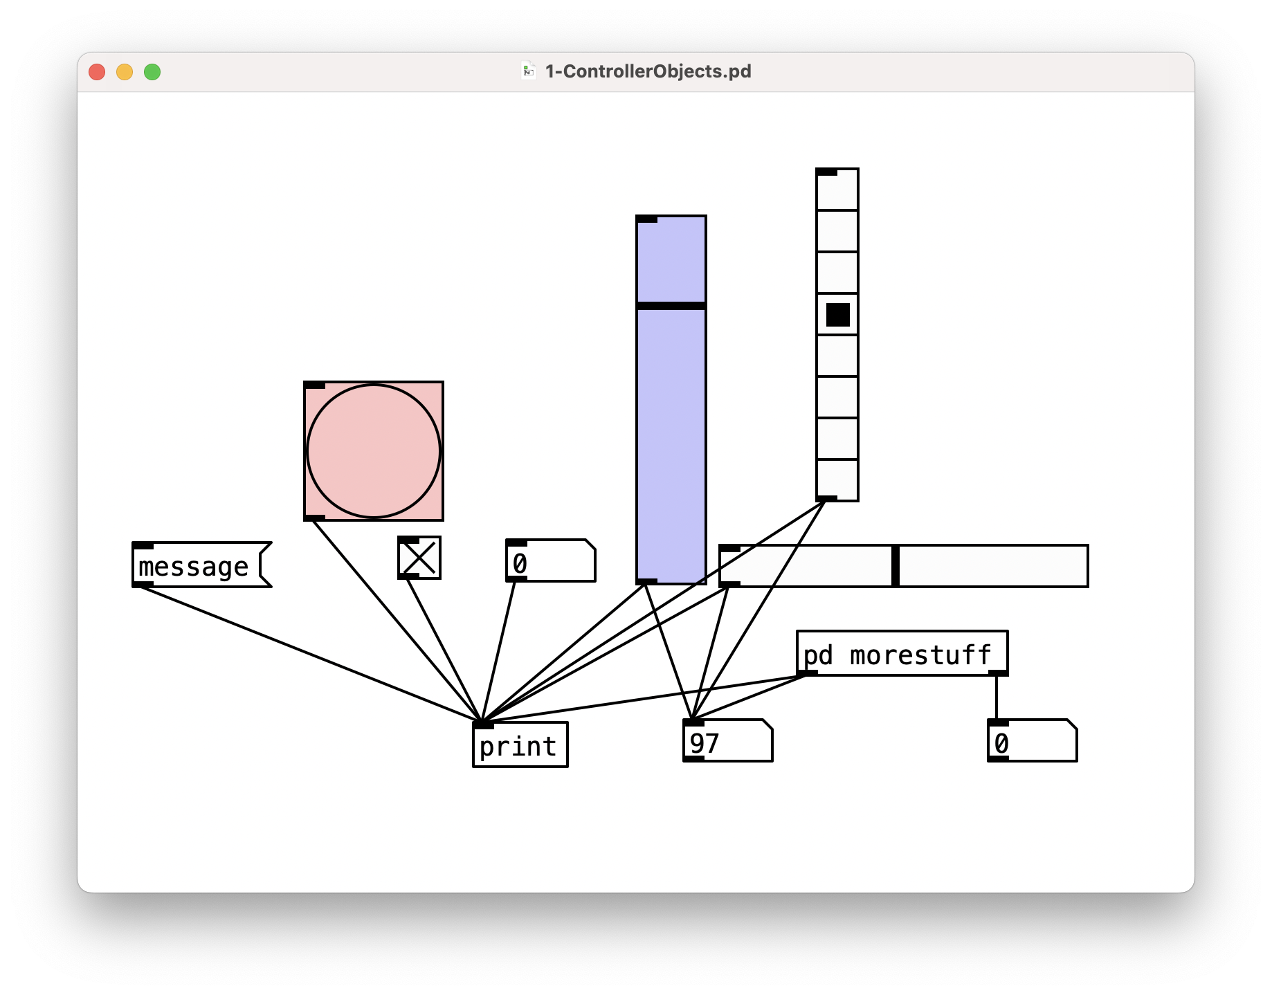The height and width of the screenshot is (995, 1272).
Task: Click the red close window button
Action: coord(97,72)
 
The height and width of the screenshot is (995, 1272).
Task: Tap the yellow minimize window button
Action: coord(125,72)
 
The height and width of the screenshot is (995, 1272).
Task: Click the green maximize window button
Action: coord(152,72)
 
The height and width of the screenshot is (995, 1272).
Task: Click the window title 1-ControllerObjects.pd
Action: coord(648,71)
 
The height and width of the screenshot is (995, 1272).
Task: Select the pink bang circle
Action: coord(374,451)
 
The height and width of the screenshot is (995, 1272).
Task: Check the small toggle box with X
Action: coord(419,558)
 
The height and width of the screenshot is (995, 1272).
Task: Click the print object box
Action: coord(520,745)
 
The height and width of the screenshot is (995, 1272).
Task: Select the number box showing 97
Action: coord(727,742)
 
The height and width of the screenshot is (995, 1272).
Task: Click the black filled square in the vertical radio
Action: coord(837,315)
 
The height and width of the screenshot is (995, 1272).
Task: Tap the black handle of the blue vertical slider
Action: coord(671,305)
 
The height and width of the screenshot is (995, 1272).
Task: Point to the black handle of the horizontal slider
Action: coord(895,566)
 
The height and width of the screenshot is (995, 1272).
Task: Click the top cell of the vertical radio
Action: coord(837,190)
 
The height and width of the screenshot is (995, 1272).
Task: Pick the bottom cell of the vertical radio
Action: coord(837,480)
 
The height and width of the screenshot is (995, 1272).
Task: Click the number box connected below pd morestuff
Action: coord(1031,742)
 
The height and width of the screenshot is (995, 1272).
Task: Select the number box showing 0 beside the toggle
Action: coord(550,561)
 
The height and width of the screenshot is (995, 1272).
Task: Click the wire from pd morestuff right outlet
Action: coord(997,697)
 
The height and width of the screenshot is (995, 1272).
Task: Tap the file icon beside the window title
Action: coord(529,71)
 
